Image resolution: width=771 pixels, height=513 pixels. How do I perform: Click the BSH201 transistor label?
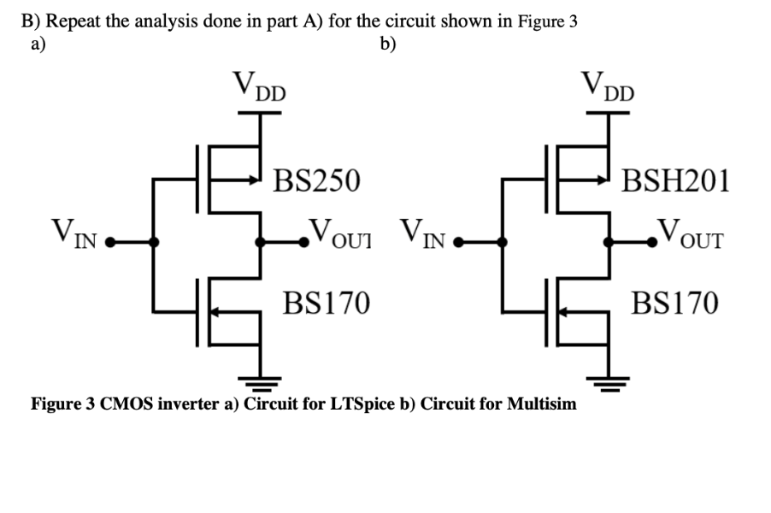tap(674, 180)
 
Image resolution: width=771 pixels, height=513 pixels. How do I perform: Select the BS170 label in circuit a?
tap(327, 302)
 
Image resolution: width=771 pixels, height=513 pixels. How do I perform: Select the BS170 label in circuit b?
tap(674, 302)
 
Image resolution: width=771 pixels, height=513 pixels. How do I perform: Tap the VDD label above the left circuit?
tap(260, 86)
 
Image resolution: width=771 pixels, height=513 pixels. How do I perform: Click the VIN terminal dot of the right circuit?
tap(457, 242)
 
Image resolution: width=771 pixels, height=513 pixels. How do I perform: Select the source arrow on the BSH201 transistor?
tap(602, 181)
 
